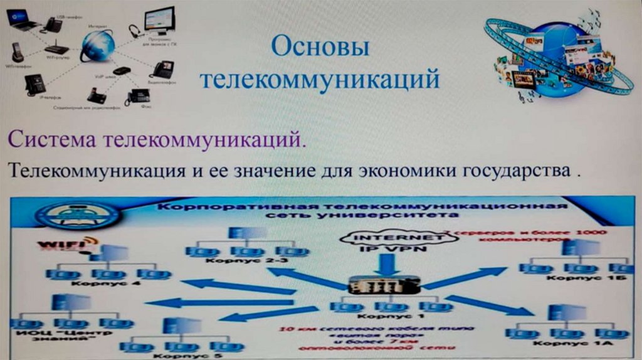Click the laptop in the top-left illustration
coord(23,20)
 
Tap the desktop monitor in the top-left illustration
coord(159,20)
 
